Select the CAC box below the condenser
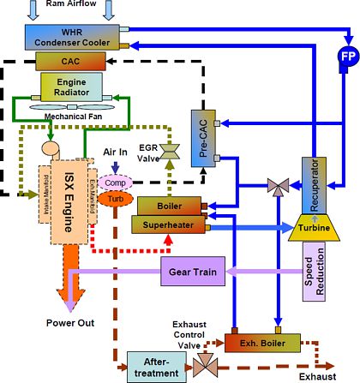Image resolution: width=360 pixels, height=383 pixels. tap(71, 61)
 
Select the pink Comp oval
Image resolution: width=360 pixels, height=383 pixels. tap(113, 183)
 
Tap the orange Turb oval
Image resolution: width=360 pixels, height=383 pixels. tap(113, 199)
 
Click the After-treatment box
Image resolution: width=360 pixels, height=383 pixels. tap(156, 366)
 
